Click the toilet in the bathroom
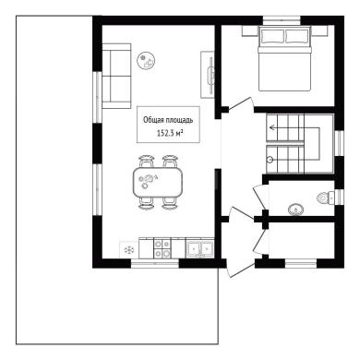click(x=326, y=197)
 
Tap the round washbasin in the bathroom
click(x=295, y=210)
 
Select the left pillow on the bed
click(x=272, y=36)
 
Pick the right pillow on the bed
click(x=297, y=36)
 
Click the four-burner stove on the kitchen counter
click(x=162, y=248)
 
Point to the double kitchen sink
click(x=199, y=248)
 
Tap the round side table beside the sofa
click(x=146, y=60)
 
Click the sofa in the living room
click(x=116, y=76)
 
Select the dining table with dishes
click(x=157, y=183)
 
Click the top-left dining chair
click(x=147, y=162)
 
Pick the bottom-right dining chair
click(x=170, y=204)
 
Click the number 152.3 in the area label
click(x=165, y=133)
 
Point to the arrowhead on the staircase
click(x=272, y=127)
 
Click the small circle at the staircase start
click(x=270, y=160)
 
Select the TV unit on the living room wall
click(x=208, y=75)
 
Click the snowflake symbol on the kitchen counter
click(x=128, y=249)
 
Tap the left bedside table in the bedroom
click(x=249, y=31)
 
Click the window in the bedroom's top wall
click(x=282, y=20)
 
